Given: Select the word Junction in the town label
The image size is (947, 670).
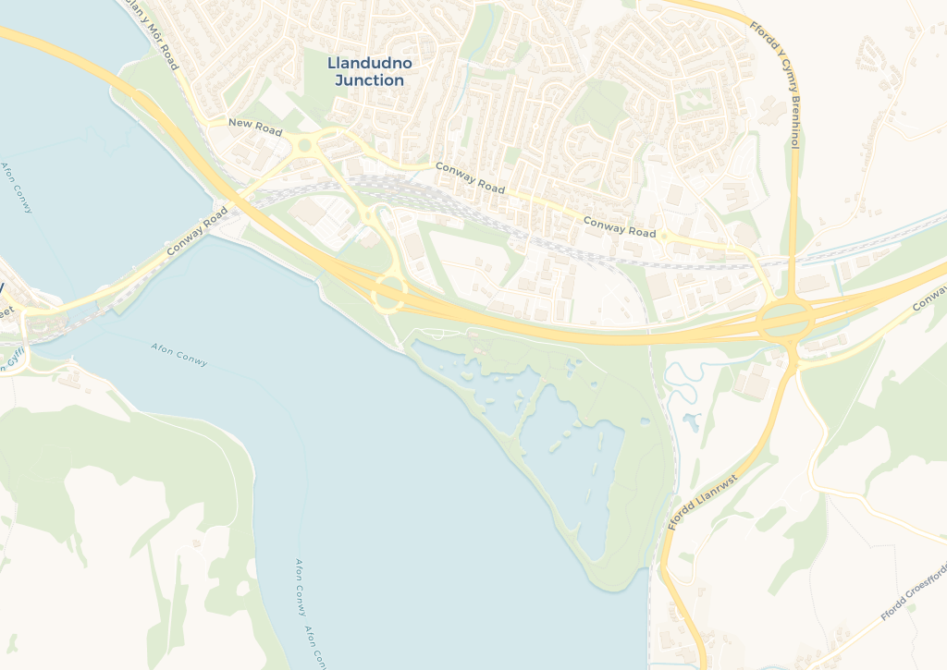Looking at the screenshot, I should [x=370, y=80].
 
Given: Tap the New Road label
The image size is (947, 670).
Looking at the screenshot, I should [x=254, y=128].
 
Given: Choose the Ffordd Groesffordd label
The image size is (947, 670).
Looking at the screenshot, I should [x=914, y=591].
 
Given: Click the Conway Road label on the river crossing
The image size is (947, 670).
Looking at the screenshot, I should [x=197, y=231].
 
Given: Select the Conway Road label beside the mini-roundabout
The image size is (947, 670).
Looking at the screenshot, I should [x=619, y=226].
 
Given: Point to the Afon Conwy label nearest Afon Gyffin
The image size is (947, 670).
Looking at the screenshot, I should [x=178, y=354].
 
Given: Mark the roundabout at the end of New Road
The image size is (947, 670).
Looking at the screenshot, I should [x=303, y=145].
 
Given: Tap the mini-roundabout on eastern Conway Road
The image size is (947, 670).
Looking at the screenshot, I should [x=663, y=236].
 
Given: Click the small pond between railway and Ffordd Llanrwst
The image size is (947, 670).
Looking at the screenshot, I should [x=691, y=423].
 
